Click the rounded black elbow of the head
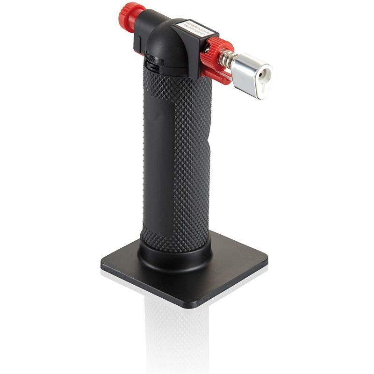click(x=161, y=44)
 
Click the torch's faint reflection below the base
click(x=178, y=337)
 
